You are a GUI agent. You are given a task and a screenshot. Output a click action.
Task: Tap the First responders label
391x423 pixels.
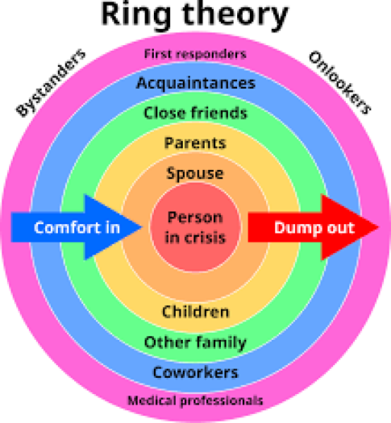[195, 54]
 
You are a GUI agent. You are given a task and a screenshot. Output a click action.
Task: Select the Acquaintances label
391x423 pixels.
[195, 83]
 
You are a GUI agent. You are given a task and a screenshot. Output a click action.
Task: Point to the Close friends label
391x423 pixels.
[195, 113]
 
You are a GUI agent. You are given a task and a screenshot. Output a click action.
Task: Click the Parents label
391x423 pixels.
[195, 143]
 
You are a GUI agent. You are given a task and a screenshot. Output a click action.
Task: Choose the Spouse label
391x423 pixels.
[195, 173]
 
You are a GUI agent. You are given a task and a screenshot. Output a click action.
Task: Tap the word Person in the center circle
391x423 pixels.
[195, 217]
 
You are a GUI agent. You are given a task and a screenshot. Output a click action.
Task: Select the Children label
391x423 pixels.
[195, 312]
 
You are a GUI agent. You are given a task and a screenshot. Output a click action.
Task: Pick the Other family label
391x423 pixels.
[195, 343]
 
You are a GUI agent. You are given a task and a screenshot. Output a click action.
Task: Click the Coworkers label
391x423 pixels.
[195, 372]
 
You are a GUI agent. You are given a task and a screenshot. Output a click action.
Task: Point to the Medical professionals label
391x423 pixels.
[195, 401]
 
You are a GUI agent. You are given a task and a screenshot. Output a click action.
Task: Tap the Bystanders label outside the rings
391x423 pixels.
[51, 82]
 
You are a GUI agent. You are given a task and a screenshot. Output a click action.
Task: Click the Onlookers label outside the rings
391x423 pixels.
[339, 82]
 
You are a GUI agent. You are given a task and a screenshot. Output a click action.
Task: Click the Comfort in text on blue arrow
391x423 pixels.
[77, 228]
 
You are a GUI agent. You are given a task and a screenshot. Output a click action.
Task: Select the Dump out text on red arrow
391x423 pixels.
[315, 228]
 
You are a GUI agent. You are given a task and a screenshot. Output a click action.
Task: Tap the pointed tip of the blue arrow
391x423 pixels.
[143, 227]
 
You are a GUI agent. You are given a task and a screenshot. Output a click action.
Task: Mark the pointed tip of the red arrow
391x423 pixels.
[379, 227]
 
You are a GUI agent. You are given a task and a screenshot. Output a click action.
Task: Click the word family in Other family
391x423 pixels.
[221, 343]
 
